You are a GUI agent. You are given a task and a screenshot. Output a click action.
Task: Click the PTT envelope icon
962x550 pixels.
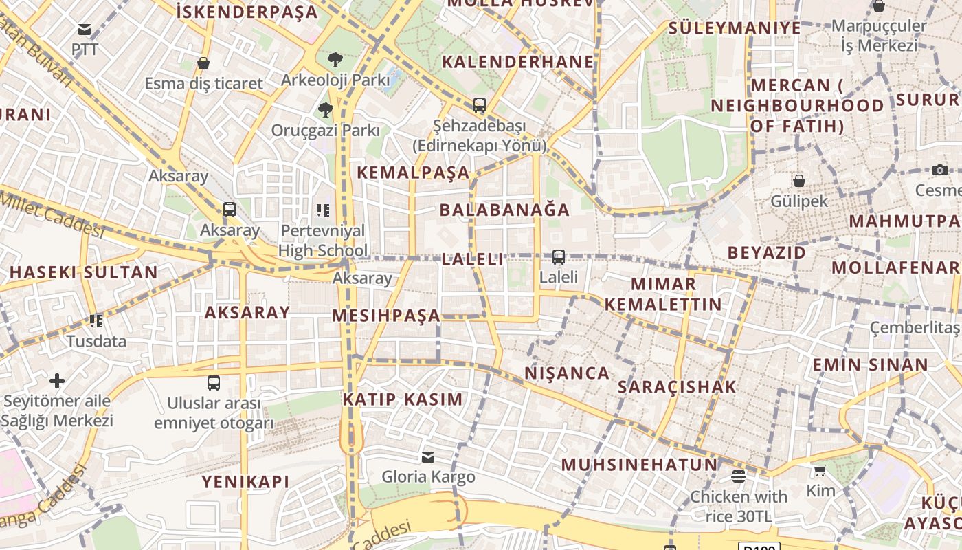coord(85,30)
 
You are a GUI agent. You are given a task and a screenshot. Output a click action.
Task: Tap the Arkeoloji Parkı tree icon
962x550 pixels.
coord(335,60)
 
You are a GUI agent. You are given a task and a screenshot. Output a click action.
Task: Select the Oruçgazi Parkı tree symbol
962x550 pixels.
coord(326,109)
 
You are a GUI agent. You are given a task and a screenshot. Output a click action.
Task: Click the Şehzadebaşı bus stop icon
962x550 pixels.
coord(480,105)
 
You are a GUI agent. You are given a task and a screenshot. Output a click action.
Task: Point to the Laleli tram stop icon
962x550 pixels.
coord(559,257)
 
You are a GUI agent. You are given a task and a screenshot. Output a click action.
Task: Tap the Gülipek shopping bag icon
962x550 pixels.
coord(799,181)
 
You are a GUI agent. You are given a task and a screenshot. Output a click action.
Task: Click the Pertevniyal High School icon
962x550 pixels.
coord(323,210)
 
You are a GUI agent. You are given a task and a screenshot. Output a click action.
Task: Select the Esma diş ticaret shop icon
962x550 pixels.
coord(203,63)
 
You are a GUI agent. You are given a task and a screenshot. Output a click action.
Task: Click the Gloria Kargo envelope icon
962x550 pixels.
coord(428,456)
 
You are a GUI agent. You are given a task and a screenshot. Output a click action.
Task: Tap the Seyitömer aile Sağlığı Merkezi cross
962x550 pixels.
coord(57,380)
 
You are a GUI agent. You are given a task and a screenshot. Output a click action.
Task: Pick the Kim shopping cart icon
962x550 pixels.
coord(820,471)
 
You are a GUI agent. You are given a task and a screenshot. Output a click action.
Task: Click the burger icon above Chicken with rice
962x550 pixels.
coord(739,476)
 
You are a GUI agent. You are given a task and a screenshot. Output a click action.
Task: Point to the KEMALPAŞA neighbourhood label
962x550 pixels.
coord(413,173)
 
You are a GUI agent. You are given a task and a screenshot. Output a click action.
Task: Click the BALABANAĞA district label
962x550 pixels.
coord(505,210)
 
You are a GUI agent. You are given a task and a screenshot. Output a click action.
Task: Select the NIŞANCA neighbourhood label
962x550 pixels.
coord(567,373)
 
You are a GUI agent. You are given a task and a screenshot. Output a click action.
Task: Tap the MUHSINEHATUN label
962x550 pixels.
coord(639,465)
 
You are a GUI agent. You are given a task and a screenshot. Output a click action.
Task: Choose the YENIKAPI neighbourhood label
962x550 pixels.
coord(245,482)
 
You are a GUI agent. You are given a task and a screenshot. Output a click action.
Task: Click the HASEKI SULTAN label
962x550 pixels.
coord(84,272)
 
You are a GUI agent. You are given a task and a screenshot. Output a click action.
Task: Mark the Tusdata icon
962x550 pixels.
coord(96,320)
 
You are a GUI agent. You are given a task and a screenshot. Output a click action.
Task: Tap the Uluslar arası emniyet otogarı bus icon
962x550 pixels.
coord(214,383)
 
